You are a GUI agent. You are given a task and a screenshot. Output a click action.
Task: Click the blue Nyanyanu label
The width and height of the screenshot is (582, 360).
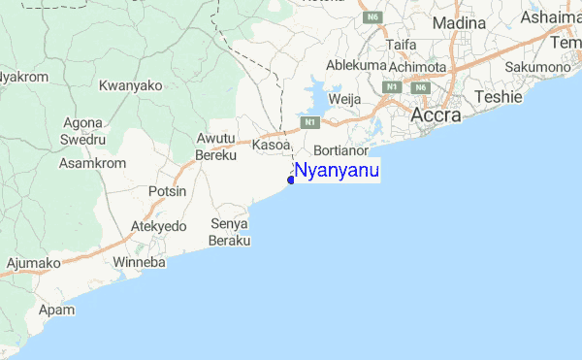click(337, 172)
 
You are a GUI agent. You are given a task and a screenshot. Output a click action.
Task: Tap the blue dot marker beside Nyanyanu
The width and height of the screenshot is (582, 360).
click(291, 179)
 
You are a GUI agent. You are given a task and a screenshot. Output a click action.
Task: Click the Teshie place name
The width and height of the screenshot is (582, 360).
click(499, 97)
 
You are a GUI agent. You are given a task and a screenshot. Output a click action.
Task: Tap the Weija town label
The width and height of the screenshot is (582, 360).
click(345, 99)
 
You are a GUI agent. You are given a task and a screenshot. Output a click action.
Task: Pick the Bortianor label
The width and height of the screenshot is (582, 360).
click(343, 151)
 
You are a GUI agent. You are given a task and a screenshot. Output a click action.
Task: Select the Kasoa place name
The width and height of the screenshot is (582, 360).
click(272, 145)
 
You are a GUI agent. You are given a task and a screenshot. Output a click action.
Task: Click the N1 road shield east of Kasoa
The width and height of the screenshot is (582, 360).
click(309, 122)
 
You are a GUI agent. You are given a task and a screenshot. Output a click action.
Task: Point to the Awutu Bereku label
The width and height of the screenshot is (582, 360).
click(216, 147)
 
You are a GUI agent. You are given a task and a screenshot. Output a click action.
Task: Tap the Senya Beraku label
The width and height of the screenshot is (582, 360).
click(231, 231)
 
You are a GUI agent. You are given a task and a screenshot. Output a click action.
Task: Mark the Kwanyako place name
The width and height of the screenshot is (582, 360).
click(130, 85)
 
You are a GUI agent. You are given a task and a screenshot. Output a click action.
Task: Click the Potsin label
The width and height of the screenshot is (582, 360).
click(167, 192)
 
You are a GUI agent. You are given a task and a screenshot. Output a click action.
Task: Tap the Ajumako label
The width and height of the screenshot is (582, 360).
click(33, 262)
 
